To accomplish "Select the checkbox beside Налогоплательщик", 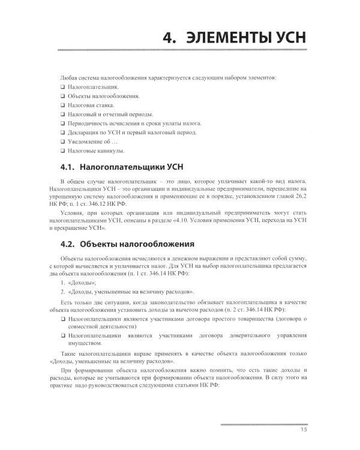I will [63, 88].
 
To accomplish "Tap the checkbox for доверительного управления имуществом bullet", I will [63, 339].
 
